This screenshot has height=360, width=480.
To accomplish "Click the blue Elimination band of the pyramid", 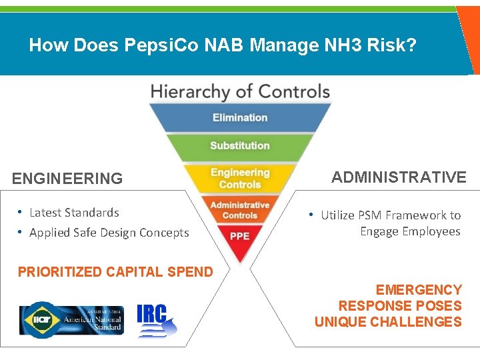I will point(240,118).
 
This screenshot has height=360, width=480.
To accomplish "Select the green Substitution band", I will point(240,146).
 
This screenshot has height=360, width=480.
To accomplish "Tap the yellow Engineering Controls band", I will point(240,178).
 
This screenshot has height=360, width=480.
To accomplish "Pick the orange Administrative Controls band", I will point(240,210).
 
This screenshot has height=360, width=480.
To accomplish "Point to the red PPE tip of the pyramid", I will point(240,237).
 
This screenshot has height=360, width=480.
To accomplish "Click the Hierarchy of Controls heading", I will point(240,91).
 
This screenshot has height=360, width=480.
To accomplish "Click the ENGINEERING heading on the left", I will point(67,179).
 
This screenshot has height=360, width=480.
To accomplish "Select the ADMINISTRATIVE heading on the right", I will point(399,177).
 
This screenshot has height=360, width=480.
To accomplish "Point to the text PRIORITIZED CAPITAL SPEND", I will point(115,272).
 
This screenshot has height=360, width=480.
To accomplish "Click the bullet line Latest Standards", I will point(74,213).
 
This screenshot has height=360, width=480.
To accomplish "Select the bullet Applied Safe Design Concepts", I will point(109,233).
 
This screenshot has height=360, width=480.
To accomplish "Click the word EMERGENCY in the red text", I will point(419,290).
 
